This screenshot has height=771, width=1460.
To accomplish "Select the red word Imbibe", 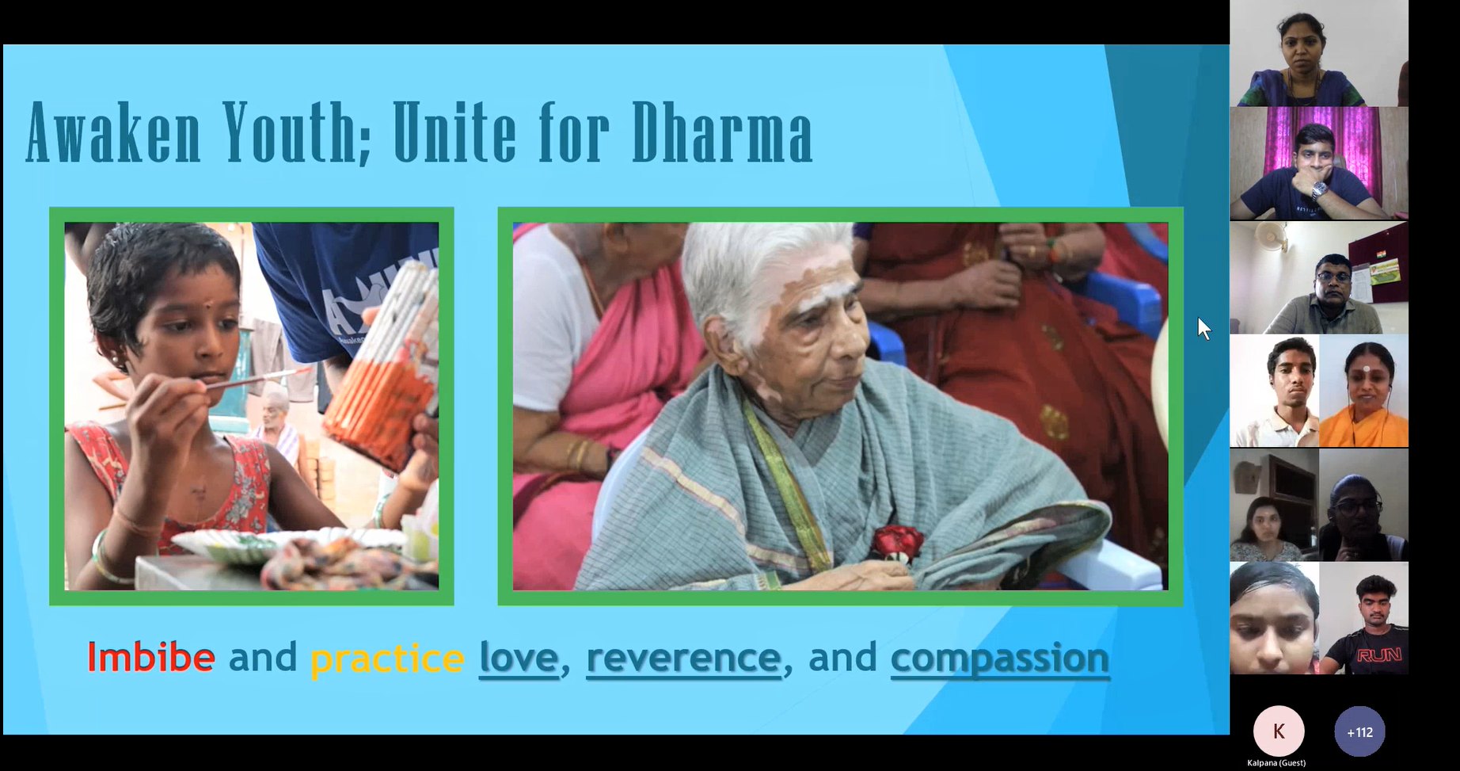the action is tap(150, 657).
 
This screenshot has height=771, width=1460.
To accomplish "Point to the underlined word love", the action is tap(519, 658).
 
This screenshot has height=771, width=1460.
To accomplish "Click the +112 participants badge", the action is tap(1359, 732).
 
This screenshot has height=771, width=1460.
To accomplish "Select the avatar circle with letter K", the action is tap(1279, 731).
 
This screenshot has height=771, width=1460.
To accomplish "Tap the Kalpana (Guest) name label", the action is tap(1276, 763).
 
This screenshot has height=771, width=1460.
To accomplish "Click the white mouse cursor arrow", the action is tap(1204, 328).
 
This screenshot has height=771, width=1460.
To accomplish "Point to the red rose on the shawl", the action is tap(897, 543).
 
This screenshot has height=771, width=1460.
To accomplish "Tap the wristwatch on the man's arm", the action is tap(1319, 190).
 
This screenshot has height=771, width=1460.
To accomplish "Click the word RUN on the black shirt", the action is tap(1378, 655).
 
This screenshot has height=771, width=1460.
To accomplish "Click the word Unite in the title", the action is tap(454, 132).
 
